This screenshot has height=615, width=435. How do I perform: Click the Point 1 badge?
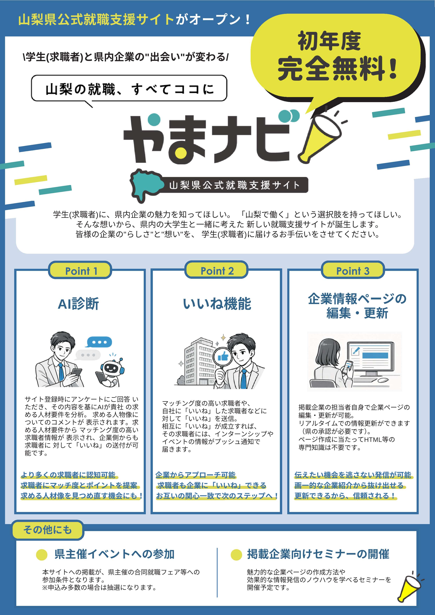[x=80, y=270]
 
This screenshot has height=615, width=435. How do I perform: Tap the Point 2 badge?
[x=216, y=270]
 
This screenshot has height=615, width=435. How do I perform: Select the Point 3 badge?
[x=353, y=270]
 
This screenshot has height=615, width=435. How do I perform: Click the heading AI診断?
[x=79, y=304]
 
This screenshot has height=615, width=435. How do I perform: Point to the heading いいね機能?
[x=217, y=304]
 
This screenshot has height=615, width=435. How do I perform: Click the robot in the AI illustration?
[x=110, y=371]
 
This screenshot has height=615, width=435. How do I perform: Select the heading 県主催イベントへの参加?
[x=114, y=554]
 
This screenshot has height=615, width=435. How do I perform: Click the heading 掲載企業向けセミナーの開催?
[x=318, y=554]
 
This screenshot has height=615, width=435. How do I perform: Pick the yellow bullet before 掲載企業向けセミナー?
[x=236, y=555]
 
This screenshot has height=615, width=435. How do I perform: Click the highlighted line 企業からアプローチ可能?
[x=196, y=475]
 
